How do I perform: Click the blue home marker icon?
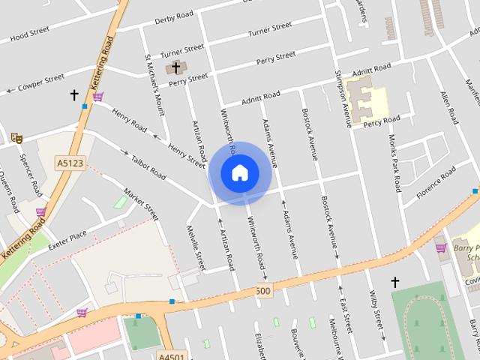point(239,172)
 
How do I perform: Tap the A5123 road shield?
point(70,162)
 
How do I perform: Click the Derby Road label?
point(174,19)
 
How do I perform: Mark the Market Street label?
point(141,203)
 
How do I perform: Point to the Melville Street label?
point(196,248)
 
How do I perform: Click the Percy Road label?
point(382,119)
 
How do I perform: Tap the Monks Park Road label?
point(394,164)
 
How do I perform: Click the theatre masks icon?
point(16,137)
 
